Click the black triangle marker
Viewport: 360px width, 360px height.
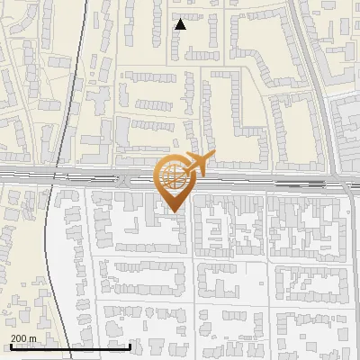coord(181,24)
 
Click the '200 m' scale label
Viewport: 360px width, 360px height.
coord(23,338)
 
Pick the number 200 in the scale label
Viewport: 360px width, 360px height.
coord(19,338)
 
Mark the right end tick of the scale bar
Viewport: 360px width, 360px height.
coord(130,345)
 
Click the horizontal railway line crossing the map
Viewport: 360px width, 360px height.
coord(90,175)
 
